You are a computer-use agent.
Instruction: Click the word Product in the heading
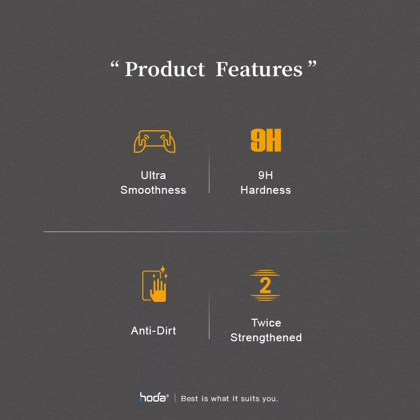pyautogui.click(x=165, y=69)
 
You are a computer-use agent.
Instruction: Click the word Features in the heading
pyautogui.click(x=259, y=69)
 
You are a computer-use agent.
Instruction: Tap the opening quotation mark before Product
pyautogui.click(x=114, y=64)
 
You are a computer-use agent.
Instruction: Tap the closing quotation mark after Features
pyautogui.click(x=312, y=64)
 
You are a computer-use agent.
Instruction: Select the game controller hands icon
pyautogui.click(x=154, y=141)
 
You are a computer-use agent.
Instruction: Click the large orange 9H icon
pyautogui.click(x=266, y=140)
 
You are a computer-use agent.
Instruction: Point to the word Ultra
pyautogui.click(x=153, y=175)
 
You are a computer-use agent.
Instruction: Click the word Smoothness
pyautogui.click(x=153, y=190)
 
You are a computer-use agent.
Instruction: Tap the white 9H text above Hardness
pyautogui.click(x=266, y=175)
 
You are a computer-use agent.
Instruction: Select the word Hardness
pyautogui.click(x=266, y=190)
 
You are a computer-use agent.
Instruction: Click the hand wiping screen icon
pyautogui.click(x=155, y=284)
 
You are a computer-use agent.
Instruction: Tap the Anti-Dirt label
pyautogui.click(x=153, y=331)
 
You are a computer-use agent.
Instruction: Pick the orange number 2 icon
pyautogui.click(x=265, y=285)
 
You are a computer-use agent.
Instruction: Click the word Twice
pyautogui.click(x=266, y=323)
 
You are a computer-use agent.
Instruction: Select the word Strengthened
pyautogui.click(x=266, y=338)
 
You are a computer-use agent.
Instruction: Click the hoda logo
pyautogui.click(x=154, y=397)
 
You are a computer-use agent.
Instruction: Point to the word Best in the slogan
pyautogui.click(x=190, y=398)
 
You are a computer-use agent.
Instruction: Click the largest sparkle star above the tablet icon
pyautogui.click(x=163, y=269)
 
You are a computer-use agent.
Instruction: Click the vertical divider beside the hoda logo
pyautogui.click(x=175, y=398)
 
